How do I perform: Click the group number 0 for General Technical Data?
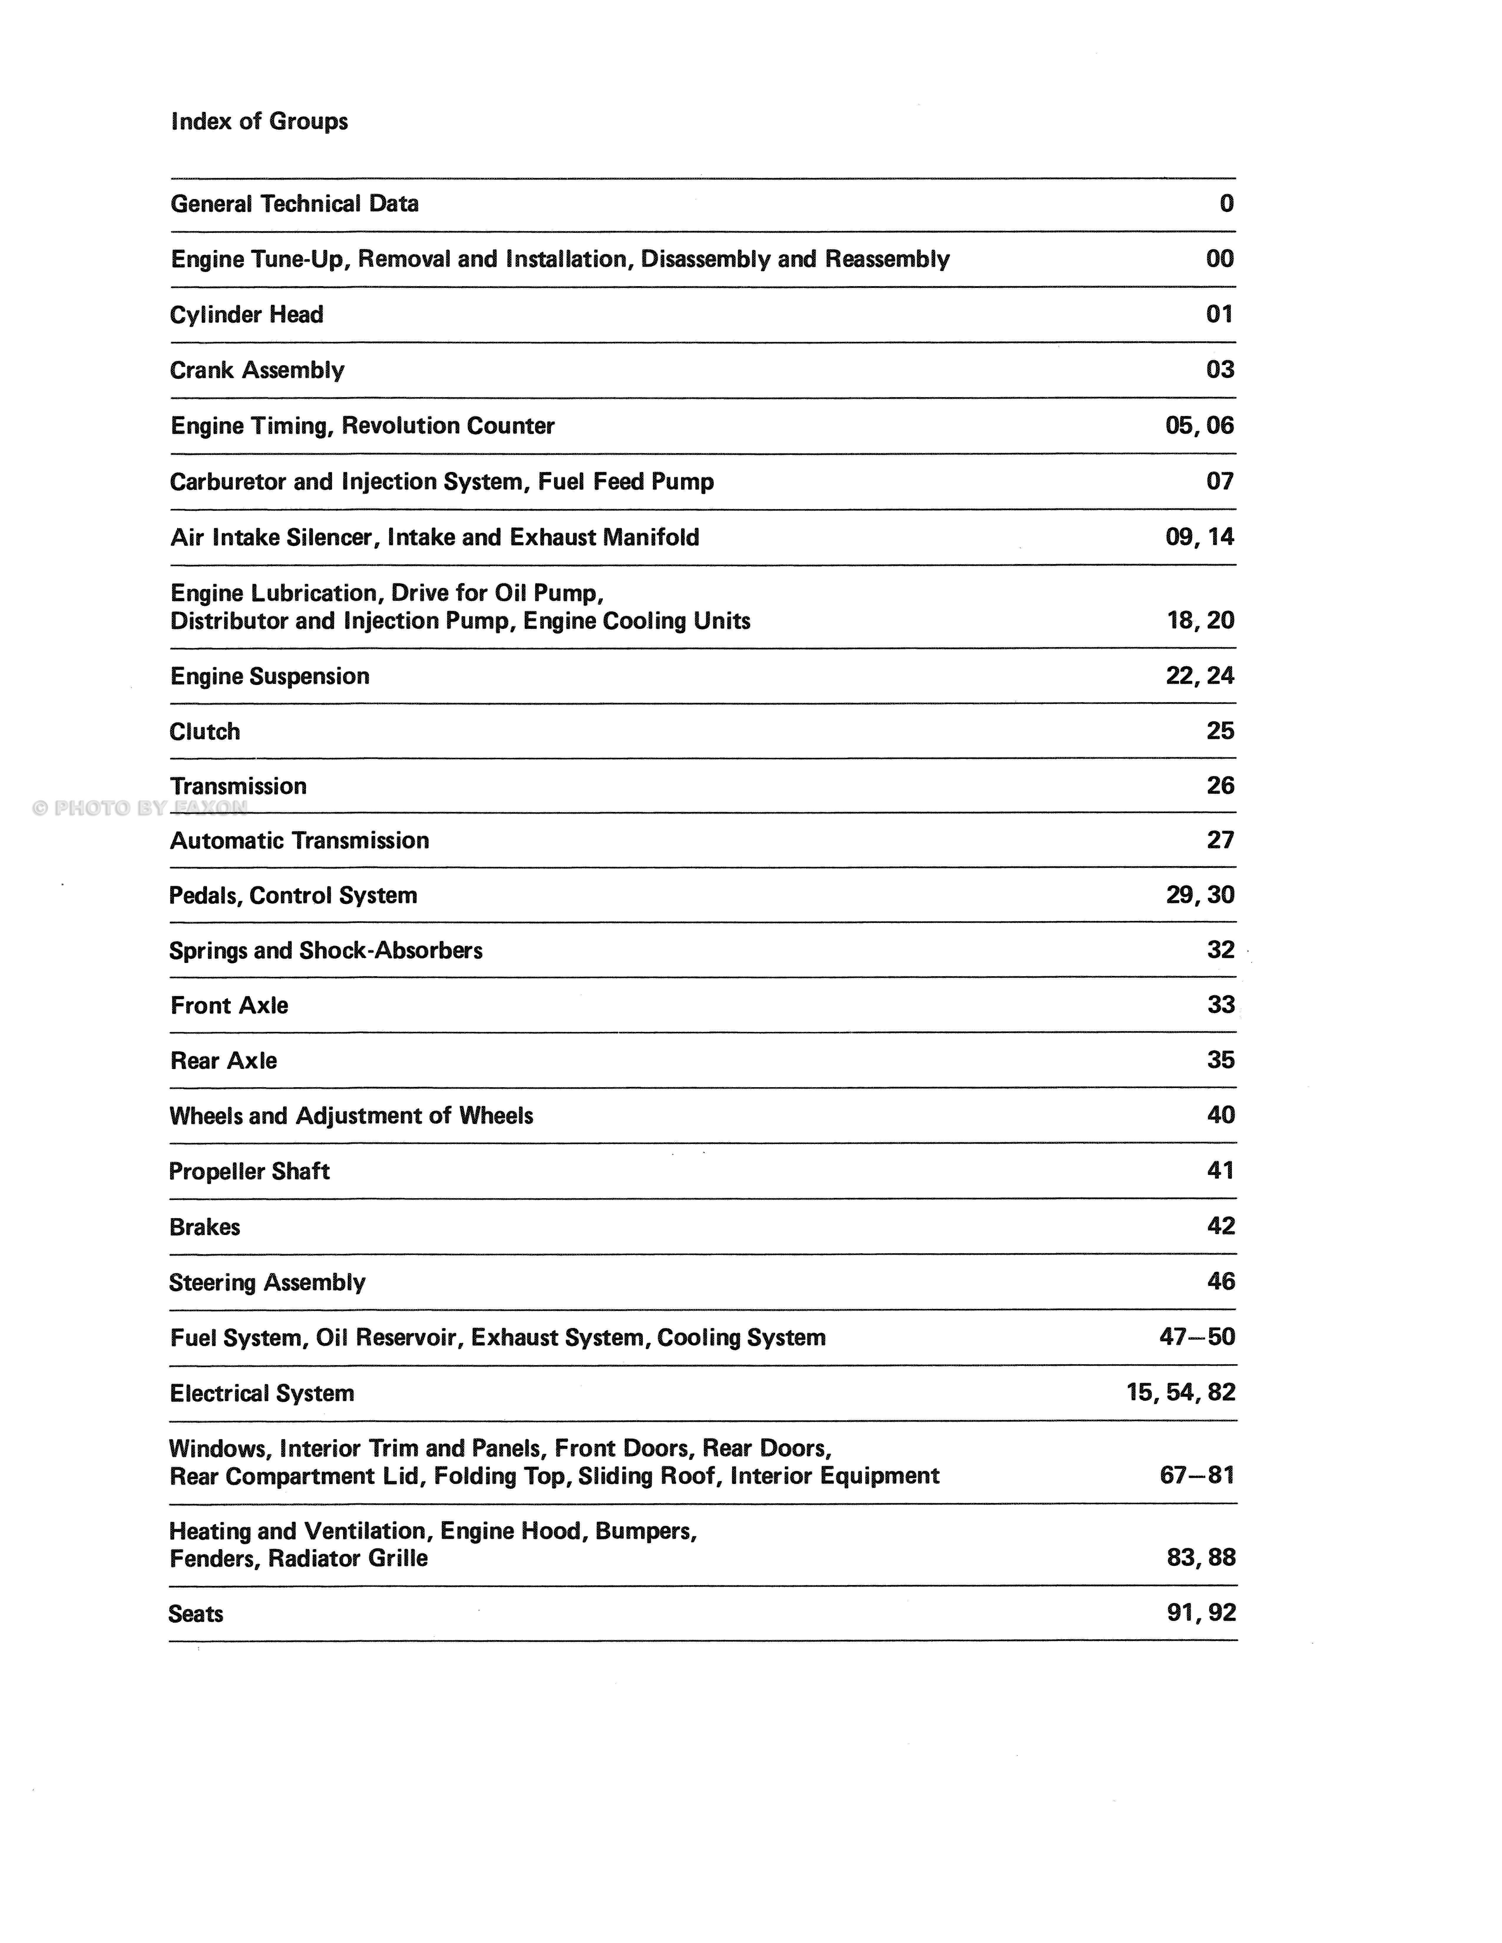pos(1226,204)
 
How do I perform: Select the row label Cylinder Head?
pos(247,315)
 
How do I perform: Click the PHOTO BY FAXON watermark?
pos(140,808)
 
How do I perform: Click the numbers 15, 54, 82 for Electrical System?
pos(1181,1392)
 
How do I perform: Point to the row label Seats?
pos(196,1614)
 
